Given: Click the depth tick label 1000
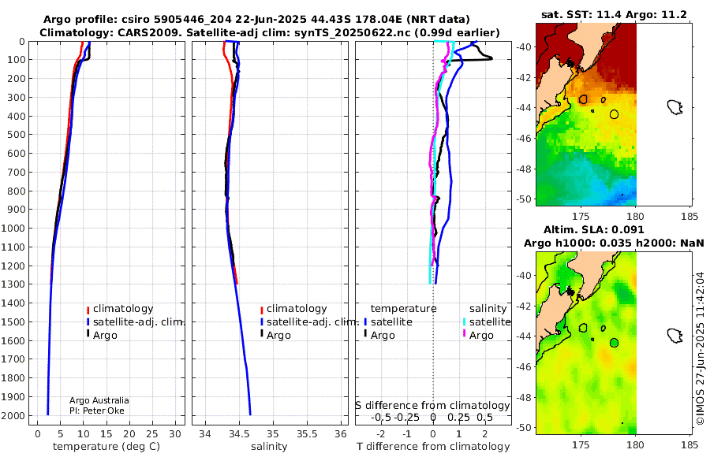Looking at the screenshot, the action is (x=14, y=228).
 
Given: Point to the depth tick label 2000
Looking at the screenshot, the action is (x=14, y=415).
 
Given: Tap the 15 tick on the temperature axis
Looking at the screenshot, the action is (x=106, y=434).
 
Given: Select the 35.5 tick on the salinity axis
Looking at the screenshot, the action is (x=307, y=434).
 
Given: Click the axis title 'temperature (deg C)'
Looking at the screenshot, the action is (x=106, y=447).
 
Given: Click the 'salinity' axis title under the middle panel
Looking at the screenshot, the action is (x=269, y=447).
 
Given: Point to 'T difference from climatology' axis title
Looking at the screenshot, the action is (x=433, y=447).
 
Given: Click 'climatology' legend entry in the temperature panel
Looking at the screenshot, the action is (x=123, y=309).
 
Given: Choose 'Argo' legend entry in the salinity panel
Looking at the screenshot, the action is (x=278, y=336).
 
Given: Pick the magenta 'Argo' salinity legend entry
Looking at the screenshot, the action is (x=481, y=336).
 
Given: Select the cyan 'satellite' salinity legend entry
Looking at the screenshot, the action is (x=490, y=321).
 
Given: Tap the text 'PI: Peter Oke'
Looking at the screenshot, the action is (x=97, y=411).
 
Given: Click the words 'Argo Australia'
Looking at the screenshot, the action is (x=99, y=400).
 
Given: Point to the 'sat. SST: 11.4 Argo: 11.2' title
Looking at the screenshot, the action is (x=614, y=15).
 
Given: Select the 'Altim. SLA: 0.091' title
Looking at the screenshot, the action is (x=593, y=229).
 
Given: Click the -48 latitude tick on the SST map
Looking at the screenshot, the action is (x=525, y=169).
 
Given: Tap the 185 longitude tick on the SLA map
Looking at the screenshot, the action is (x=689, y=444).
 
